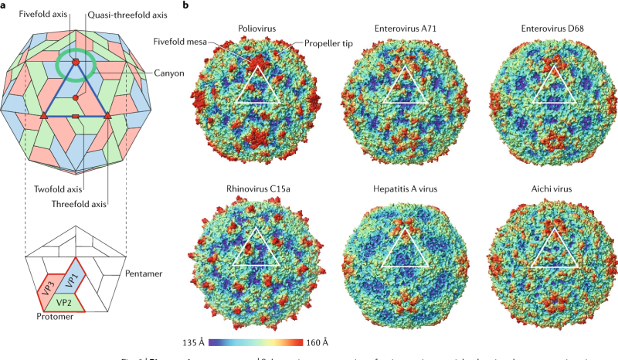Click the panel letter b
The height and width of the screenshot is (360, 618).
(185, 6)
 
